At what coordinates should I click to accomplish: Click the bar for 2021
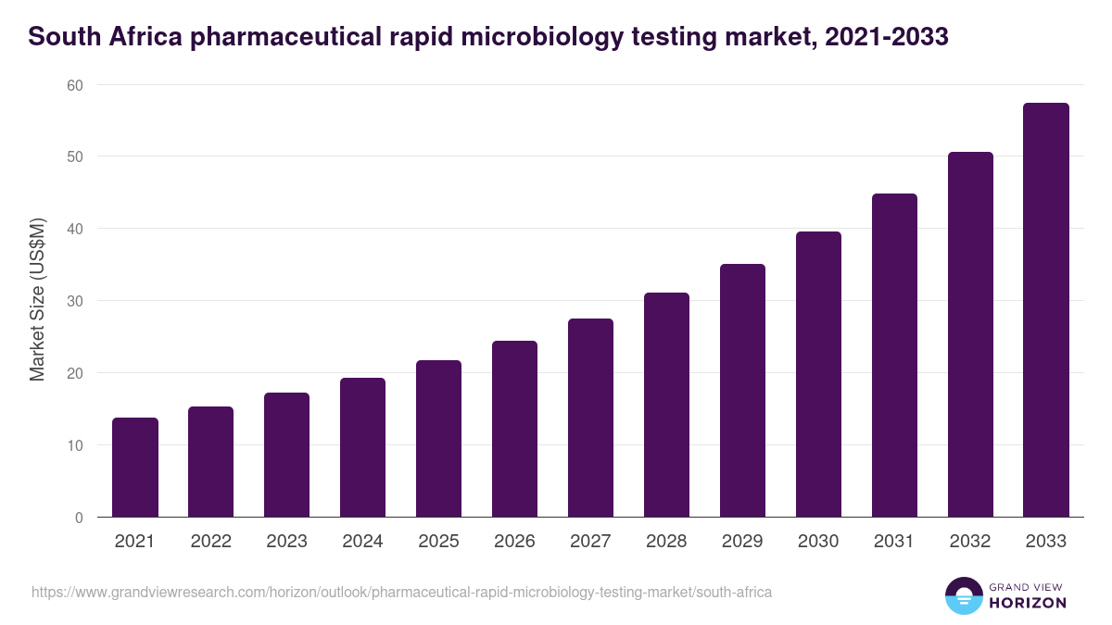(x=135, y=468)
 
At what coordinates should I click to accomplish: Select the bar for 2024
(x=363, y=448)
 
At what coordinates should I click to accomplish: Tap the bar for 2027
(x=591, y=419)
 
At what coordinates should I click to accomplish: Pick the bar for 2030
(x=819, y=375)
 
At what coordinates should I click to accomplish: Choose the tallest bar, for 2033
(x=1046, y=310)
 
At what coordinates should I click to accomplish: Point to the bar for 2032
(x=970, y=335)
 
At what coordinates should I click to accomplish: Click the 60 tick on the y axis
(x=74, y=85)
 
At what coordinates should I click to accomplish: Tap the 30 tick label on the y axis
(x=74, y=301)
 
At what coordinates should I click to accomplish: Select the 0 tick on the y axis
(x=79, y=518)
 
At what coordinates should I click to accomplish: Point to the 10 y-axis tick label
(x=74, y=445)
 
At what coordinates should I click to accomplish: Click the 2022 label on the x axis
(x=211, y=542)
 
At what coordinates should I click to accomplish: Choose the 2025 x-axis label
(x=439, y=542)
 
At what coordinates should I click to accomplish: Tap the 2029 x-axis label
(x=743, y=542)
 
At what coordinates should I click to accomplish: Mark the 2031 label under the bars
(x=895, y=542)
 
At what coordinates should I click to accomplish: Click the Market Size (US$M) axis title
(x=38, y=300)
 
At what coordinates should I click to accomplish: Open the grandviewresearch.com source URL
(x=401, y=592)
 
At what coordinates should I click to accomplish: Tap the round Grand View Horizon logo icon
(x=963, y=596)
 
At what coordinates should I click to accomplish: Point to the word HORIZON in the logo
(x=1028, y=603)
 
